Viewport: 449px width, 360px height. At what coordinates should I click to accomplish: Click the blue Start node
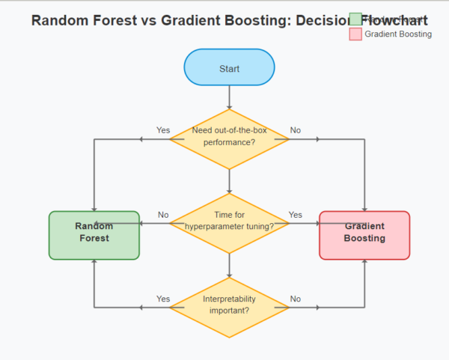pos(229,68)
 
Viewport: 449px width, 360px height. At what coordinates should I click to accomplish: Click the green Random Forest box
pos(94,234)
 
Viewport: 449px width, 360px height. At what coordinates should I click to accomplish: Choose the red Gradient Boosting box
pos(364,234)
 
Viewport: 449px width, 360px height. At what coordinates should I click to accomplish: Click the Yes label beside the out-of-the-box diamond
pos(163,130)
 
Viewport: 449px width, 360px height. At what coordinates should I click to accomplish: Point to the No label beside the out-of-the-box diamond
pos(296,130)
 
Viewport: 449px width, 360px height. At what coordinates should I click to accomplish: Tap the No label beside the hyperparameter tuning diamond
pos(163,215)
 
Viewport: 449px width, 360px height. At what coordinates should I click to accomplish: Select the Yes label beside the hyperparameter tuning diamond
pos(296,215)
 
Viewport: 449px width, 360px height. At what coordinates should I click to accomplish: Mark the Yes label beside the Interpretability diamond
pos(163,299)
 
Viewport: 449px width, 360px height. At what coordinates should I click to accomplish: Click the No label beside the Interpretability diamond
pos(296,299)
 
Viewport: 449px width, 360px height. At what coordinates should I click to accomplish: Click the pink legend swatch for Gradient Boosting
pos(355,34)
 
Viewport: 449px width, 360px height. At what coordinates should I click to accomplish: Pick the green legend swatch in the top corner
pos(355,19)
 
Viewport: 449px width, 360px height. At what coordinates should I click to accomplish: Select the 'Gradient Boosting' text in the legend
pos(398,34)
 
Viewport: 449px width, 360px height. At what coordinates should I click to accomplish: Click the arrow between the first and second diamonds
pos(229,180)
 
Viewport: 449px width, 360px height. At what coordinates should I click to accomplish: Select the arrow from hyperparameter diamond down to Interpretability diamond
pos(229,264)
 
